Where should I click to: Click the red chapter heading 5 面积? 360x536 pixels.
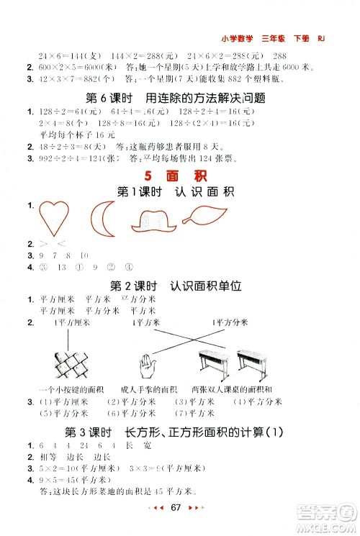click(x=180, y=176)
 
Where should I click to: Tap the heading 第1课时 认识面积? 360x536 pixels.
click(x=180, y=192)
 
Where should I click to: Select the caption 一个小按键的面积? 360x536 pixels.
click(x=68, y=389)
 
